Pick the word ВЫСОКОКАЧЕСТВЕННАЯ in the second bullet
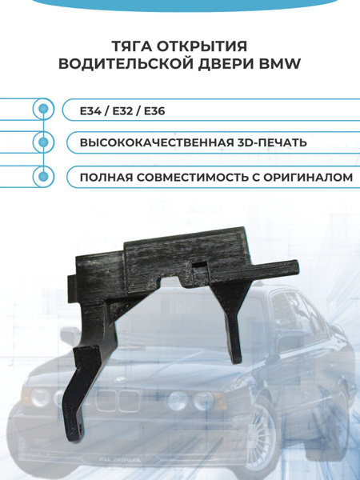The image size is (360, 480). (147, 142)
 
